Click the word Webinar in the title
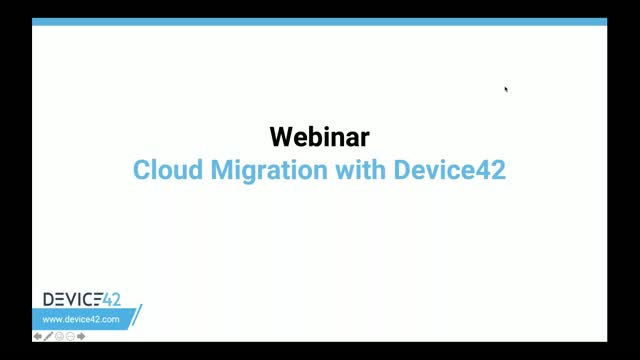point(319,135)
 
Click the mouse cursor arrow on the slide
point(506,89)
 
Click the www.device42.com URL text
point(83,319)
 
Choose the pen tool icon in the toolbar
point(48,337)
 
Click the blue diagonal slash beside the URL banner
point(137,316)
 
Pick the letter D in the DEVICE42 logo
point(49,300)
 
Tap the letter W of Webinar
point(281,135)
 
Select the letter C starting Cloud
point(141,169)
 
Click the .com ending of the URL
point(110,319)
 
